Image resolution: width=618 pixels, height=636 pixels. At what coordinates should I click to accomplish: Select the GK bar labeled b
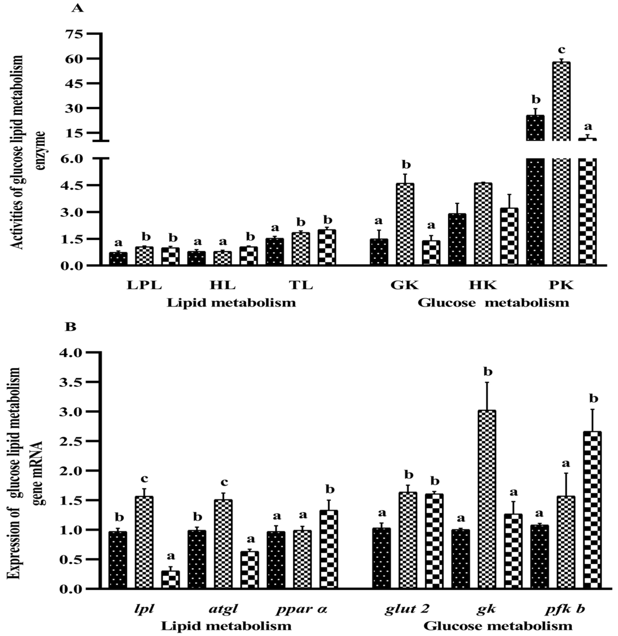(x=405, y=224)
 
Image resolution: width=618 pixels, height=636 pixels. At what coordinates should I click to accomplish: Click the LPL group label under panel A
(x=144, y=285)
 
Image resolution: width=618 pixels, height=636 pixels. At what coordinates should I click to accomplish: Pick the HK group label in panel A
(x=483, y=285)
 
